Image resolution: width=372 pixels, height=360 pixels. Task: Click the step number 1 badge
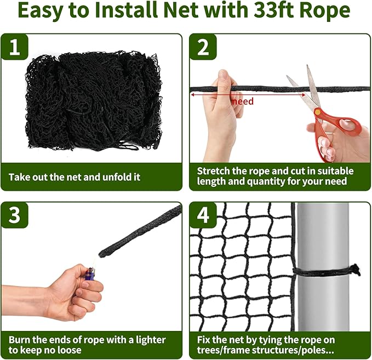tap(14, 48)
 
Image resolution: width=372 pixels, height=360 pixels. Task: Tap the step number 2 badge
tap(203, 48)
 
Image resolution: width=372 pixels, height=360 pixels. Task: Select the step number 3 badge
tap(14, 215)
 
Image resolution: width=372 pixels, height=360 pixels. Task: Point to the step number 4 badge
tap(203, 215)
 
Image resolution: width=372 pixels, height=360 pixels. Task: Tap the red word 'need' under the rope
tap(242, 101)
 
